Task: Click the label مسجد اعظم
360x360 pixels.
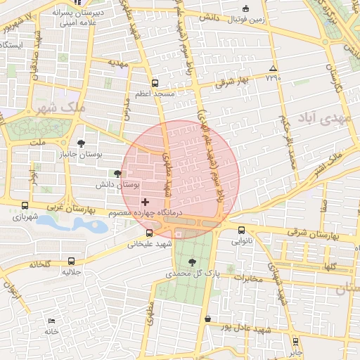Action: point(155,93)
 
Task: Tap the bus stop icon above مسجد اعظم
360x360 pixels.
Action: point(155,82)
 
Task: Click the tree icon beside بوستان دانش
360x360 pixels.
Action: point(117,174)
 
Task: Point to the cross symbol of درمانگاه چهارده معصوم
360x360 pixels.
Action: point(145,202)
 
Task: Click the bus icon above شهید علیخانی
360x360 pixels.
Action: point(149,233)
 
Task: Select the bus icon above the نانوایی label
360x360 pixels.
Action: point(242,230)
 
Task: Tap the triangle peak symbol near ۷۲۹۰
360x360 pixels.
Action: point(273,68)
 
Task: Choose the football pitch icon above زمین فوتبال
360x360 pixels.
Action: point(245,9)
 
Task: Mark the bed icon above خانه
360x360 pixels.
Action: point(51,321)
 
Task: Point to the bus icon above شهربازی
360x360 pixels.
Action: point(25,206)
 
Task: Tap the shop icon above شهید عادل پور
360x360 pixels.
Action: point(207,319)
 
